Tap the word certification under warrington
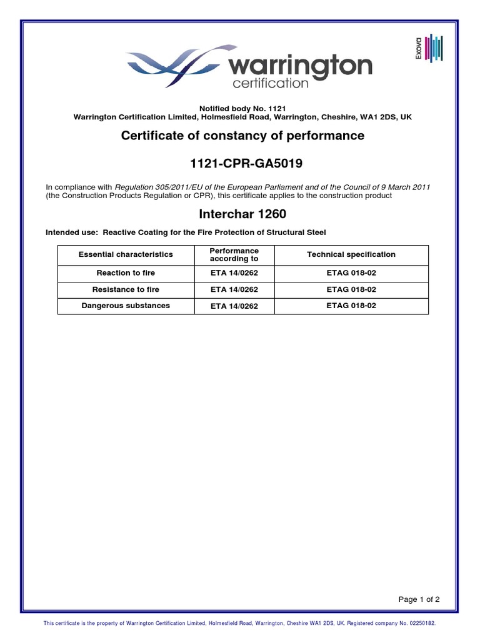[270, 83]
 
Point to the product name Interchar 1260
[242, 214]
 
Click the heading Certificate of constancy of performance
[242, 136]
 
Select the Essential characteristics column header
[126, 255]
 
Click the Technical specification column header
[351, 255]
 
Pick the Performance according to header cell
[234, 255]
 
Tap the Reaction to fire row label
[126, 273]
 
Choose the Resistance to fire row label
[126, 289]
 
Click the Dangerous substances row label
[126, 306]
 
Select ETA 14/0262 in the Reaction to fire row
[234, 273]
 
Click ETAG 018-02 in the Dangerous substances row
[351, 306]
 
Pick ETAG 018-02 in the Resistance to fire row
[351, 289]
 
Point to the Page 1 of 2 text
[419, 599]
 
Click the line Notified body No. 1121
[242, 109]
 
